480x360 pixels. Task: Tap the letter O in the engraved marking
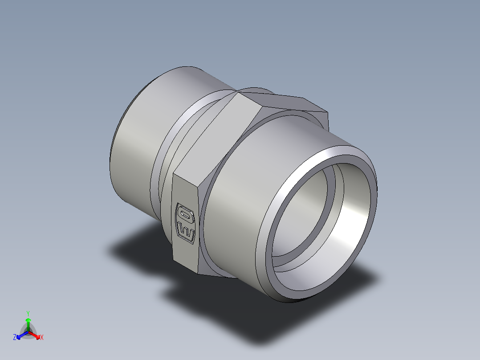[x=186, y=216]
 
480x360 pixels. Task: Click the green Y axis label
[x=28, y=313]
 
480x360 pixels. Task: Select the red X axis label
[x=41, y=338]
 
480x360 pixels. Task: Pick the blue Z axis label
[x=15, y=338]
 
